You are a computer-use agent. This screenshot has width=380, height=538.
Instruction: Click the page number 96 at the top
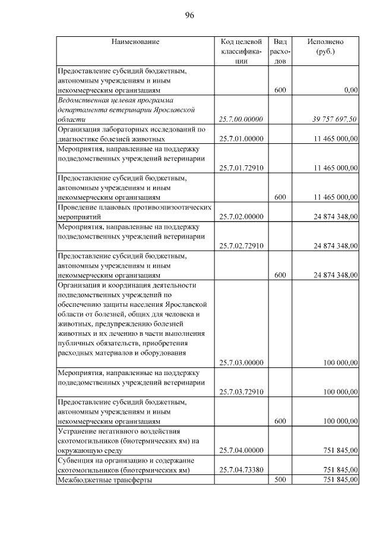point(190,15)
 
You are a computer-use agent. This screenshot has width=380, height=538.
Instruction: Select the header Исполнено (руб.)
point(325,47)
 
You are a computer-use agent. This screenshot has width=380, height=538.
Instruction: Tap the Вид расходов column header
point(281,52)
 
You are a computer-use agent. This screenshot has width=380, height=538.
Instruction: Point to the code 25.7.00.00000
point(241,119)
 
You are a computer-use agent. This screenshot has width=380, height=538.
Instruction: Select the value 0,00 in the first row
point(350,90)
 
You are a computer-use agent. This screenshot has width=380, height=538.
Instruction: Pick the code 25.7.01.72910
point(241,168)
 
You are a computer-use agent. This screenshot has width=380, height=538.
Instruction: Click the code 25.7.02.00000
point(241,216)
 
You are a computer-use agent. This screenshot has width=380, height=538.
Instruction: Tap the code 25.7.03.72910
point(241,392)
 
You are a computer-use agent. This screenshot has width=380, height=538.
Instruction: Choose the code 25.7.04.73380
point(241,470)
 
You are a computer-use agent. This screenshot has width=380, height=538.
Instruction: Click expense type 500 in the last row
point(281,480)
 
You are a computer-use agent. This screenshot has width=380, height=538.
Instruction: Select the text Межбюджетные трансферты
point(104,480)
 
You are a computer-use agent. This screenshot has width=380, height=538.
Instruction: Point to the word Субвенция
point(77,460)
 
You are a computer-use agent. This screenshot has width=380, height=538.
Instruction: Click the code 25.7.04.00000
point(241,450)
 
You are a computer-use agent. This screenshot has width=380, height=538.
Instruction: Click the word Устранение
point(79,431)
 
